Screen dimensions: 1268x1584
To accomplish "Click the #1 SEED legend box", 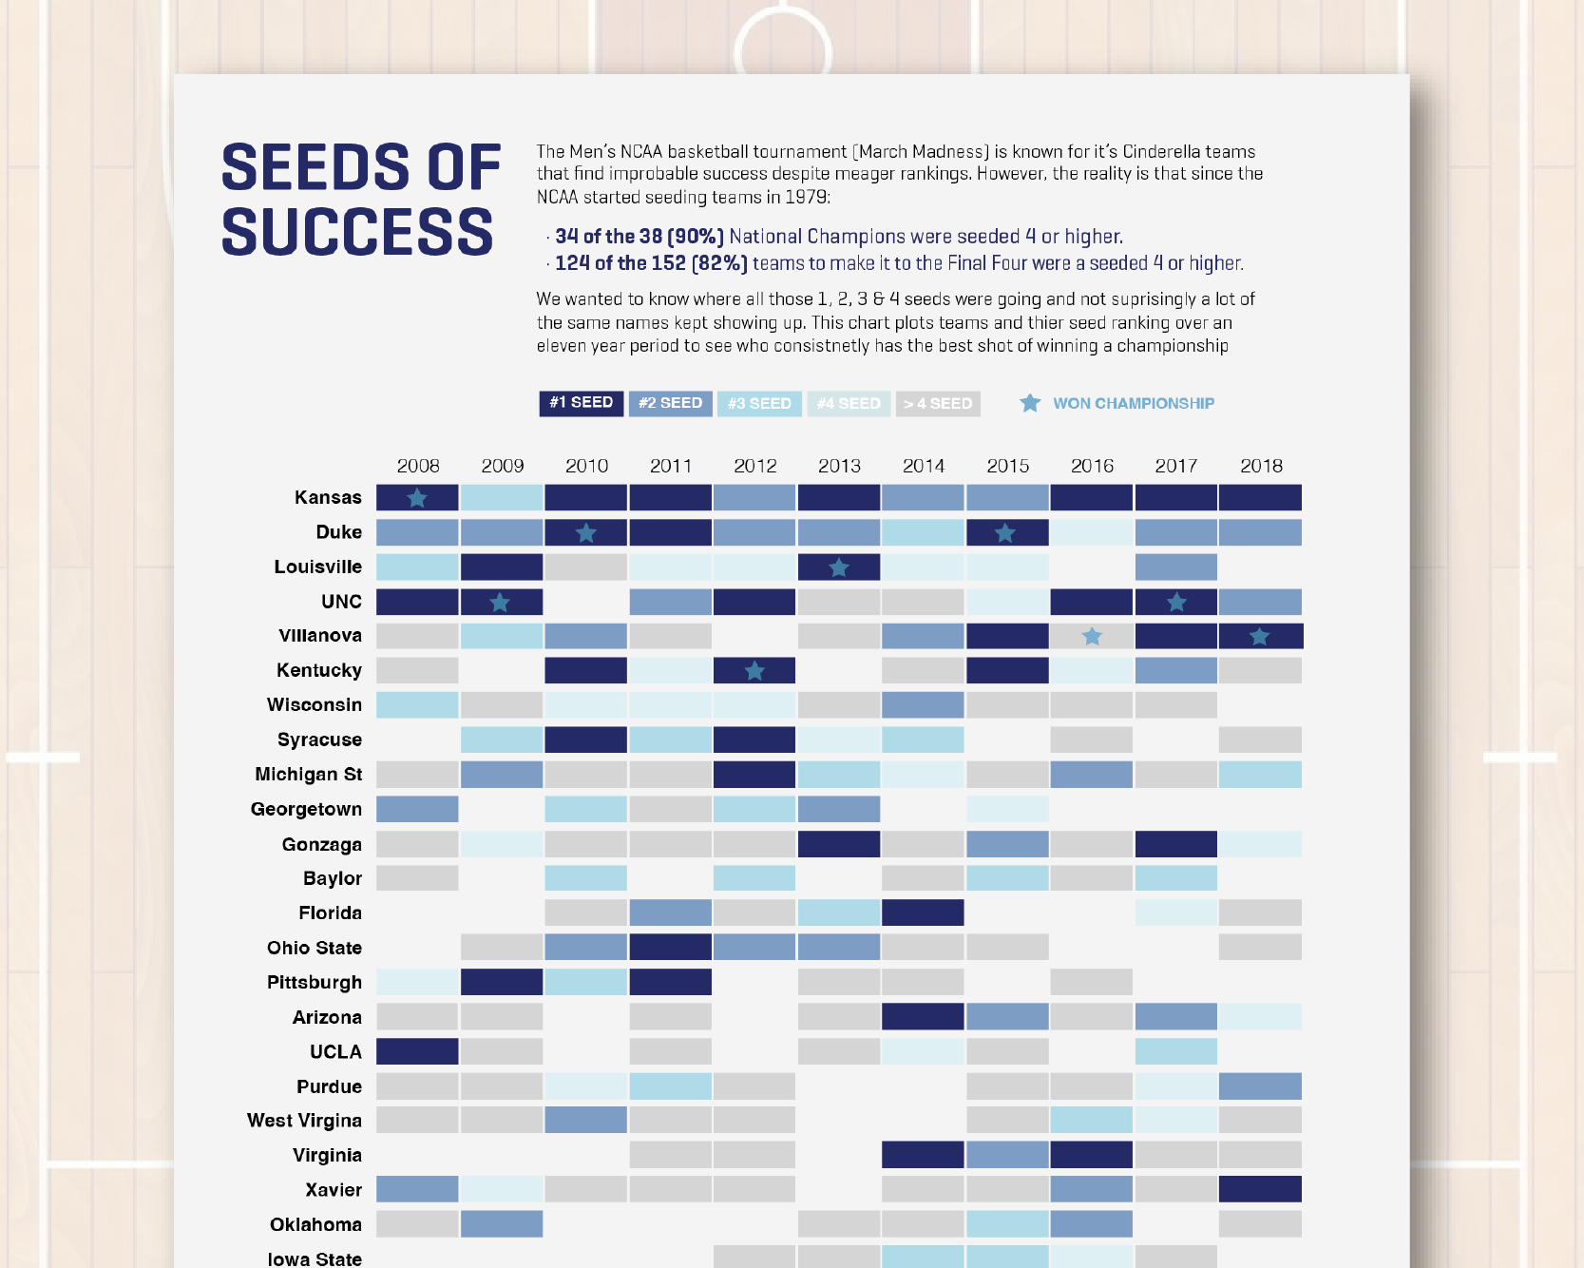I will coord(581,403).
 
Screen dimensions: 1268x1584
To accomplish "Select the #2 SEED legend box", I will coord(670,403).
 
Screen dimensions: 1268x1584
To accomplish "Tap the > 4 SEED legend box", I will coord(938,404).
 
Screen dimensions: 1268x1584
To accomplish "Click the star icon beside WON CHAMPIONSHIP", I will coord(1030,403).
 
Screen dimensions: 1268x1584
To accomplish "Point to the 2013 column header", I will coord(839,466).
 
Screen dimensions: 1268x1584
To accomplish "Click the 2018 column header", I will coord(1261,466).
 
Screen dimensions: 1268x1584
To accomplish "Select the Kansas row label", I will coord(328,497).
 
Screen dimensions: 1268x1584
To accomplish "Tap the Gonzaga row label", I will coord(321,844).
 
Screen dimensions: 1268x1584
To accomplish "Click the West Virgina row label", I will coord(304,1121).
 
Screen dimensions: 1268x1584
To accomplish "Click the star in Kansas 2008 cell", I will coord(417,497).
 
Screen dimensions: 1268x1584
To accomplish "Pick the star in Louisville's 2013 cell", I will coord(838,567).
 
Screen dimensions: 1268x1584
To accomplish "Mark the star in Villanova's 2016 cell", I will coord(1092,636).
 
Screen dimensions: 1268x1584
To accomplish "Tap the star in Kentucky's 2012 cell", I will coord(754,671).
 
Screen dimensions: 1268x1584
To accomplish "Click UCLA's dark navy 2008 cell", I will coord(417,1051).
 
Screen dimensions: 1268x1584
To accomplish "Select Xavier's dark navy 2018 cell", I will coord(1260,1189).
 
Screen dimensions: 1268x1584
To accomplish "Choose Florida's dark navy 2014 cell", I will coord(923,913).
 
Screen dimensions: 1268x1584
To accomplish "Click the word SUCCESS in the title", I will coord(357,232).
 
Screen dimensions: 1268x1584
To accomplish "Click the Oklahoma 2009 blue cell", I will coord(502,1223).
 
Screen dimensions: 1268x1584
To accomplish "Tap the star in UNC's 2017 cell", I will coord(1176,602).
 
